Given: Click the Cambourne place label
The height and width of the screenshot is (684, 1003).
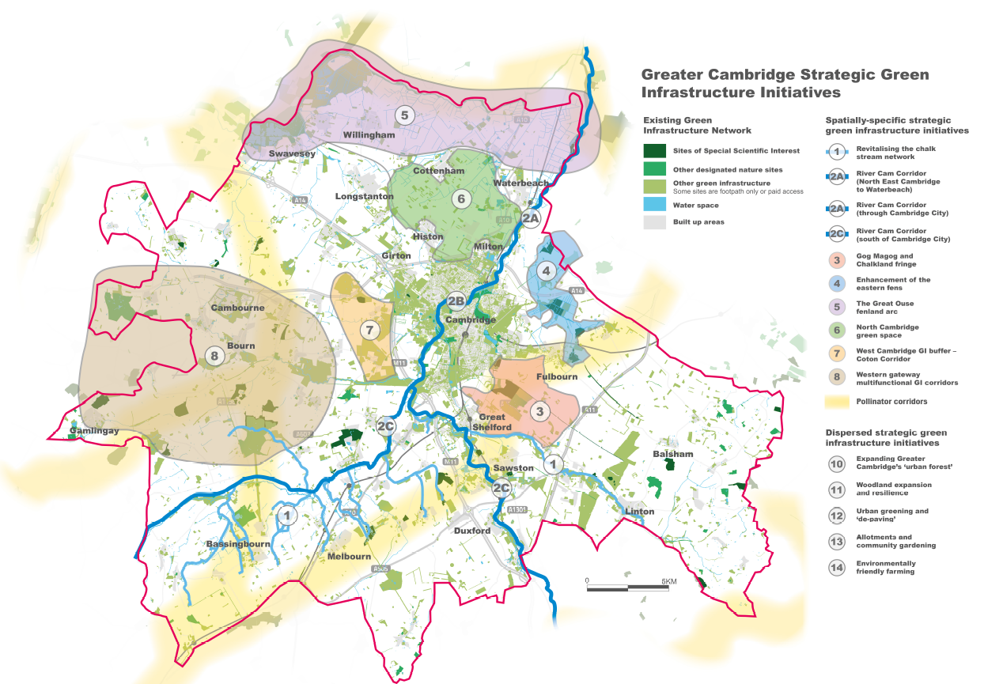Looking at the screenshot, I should pos(237,308).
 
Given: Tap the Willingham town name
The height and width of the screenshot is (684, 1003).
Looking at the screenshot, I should pos(369,135).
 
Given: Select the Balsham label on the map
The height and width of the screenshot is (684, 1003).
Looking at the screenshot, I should pos(673,454).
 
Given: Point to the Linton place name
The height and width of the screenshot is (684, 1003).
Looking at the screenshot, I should pos(639,512).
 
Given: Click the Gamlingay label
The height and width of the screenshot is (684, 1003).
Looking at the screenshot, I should pos(94,431).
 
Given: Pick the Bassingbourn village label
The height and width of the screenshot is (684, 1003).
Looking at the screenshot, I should pos(238,544).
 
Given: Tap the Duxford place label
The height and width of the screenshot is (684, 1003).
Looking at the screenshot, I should pos(472,531).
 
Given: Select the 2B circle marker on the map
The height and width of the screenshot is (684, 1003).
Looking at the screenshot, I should pos(456,300).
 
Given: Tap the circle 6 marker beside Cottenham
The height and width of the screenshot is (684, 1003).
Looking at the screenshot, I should pos(460,199).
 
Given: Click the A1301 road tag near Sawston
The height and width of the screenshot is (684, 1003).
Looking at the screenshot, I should pos(518,509).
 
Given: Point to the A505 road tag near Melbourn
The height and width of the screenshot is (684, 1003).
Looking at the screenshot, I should pos(381,569).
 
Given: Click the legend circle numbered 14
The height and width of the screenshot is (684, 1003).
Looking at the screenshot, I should pos(837,568).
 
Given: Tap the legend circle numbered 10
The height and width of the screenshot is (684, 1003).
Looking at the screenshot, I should pos(837,464).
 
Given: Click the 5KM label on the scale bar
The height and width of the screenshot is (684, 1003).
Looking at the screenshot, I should pos(669,582).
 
